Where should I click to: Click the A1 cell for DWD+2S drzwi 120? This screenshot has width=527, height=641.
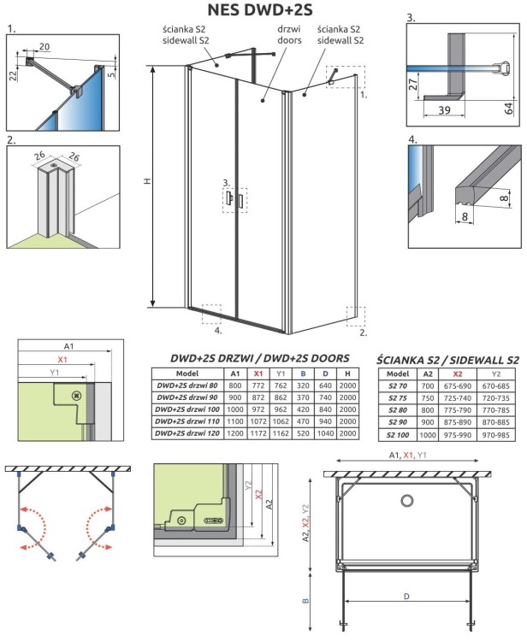[x=234, y=435]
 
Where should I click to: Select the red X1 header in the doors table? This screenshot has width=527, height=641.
[x=258, y=373]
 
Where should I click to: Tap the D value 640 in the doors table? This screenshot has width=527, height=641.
[x=325, y=385]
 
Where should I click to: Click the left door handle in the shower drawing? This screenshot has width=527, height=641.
[x=228, y=199]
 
